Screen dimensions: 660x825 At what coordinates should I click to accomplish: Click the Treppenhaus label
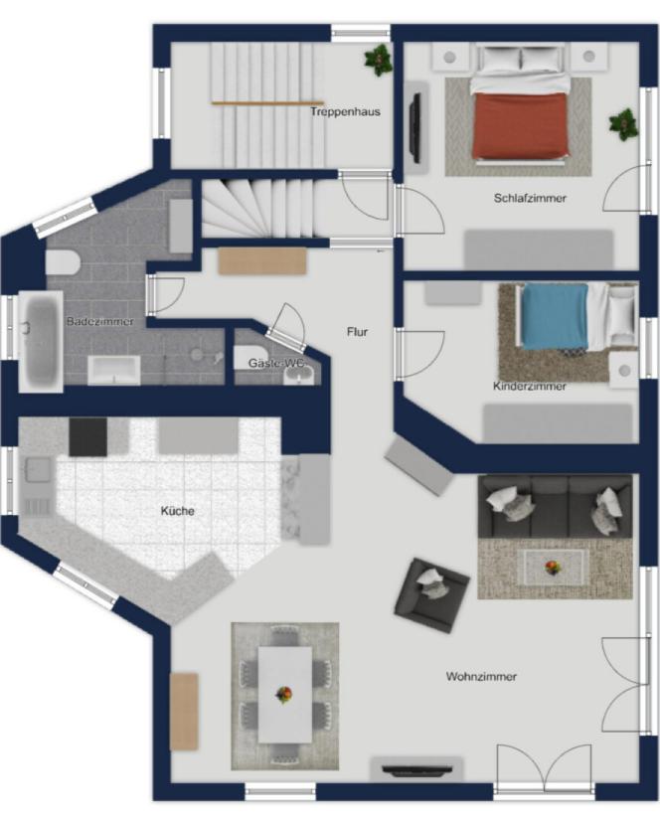coord(345,111)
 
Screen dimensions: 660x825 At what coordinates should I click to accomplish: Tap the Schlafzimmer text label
coord(530,199)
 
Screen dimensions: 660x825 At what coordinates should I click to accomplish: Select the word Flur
coord(357,332)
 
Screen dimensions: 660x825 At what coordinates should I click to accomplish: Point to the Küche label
coord(177,511)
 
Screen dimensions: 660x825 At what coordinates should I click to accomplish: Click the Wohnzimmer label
coord(481,677)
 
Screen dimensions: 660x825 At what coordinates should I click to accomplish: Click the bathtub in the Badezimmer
coord(41,341)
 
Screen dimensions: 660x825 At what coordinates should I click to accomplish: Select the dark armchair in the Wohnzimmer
coord(431,595)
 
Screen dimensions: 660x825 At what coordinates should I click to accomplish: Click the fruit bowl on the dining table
coord(284,695)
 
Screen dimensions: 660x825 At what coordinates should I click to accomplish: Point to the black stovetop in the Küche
coord(87,436)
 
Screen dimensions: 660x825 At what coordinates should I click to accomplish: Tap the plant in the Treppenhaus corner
coord(379,60)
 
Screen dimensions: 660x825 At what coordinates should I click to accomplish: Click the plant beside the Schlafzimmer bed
coord(623,124)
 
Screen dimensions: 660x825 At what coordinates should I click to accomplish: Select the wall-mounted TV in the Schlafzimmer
coord(415,128)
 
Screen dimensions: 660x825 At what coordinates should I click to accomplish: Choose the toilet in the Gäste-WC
coord(250,358)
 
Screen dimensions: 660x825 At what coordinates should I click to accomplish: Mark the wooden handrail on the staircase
coord(267,103)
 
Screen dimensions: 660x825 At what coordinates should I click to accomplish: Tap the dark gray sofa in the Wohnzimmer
coord(556,507)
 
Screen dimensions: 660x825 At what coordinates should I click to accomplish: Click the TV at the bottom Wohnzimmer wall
coord(416,770)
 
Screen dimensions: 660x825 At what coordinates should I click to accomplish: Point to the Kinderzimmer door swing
coord(421,354)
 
